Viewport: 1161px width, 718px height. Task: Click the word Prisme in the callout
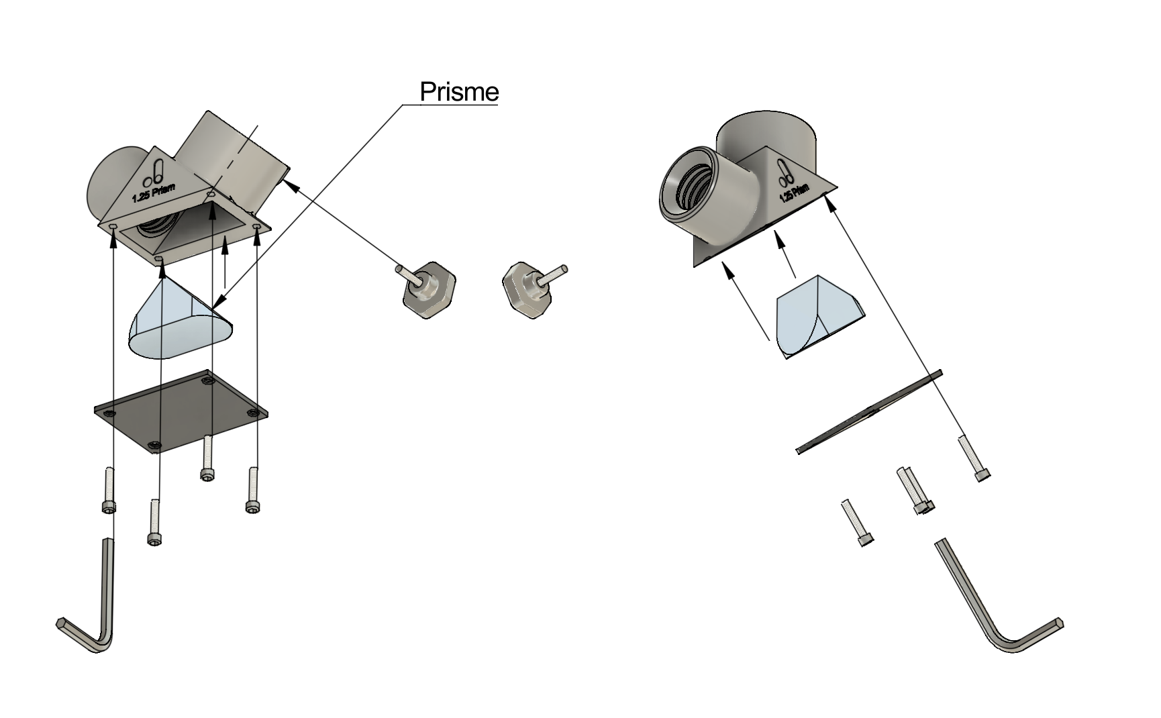point(459,92)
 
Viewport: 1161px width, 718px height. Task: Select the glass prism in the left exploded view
point(178,322)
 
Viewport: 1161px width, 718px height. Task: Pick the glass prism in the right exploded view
point(815,315)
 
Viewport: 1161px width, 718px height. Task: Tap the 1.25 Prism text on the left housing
point(154,193)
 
